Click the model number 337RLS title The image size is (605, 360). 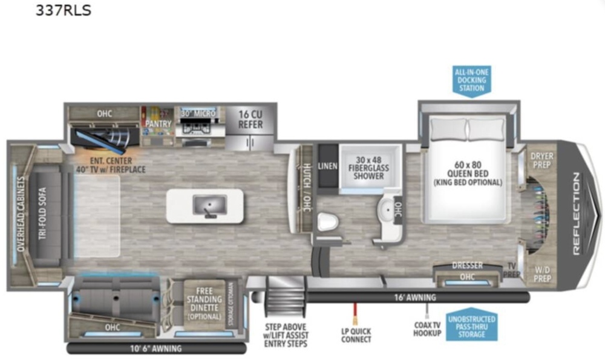tap(64, 10)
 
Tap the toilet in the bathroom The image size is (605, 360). tap(328, 223)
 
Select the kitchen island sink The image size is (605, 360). tap(209, 206)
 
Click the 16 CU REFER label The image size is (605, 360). tap(250, 119)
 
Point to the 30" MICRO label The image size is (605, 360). tap(198, 113)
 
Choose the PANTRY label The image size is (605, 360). tap(158, 124)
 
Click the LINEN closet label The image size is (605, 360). tap(327, 166)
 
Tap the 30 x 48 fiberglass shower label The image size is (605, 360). tap(368, 168)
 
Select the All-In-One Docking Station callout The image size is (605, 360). tap(471, 80)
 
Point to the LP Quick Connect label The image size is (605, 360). tap(356, 335)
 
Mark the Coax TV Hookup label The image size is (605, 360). tap(427, 329)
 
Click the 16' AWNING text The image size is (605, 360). tap(415, 298)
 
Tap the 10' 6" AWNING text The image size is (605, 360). tap(156, 349)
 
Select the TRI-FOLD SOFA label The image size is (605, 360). tap(42, 214)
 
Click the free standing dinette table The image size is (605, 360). tap(204, 304)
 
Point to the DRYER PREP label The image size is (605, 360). tap(541, 160)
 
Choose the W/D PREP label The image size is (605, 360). tap(542, 274)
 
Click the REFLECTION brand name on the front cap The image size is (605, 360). tap(577, 214)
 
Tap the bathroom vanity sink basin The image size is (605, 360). tap(387, 211)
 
